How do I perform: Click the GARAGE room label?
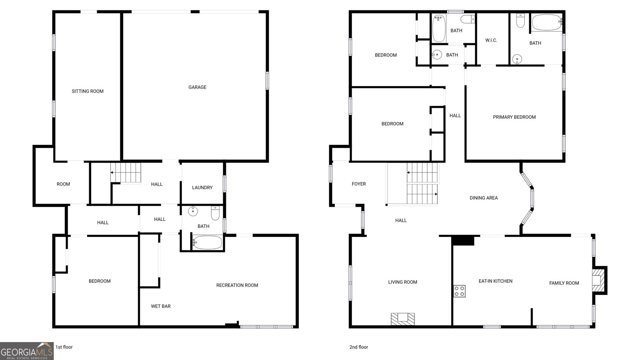[x=197, y=87]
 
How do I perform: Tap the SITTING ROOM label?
[x=88, y=91]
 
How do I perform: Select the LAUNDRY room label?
[x=202, y=188]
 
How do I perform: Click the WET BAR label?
[x=161, y=306]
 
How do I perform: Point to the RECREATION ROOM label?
[x=237, y=285]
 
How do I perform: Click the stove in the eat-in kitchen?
[x=460, y=291]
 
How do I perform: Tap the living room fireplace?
[x=403, y=319]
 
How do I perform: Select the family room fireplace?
[x=600, y=280]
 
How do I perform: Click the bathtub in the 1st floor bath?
[x=207, y=242]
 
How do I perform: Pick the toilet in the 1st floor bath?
[x=215, y=213]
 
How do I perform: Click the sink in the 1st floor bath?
[x=193, y=212]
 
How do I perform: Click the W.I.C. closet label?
[x=491, y=40]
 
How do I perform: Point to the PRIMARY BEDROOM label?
[x=514, y=117]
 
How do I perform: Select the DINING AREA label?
[x=484, y=198]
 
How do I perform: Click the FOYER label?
[x=358, y=184]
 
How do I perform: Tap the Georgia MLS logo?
[x=26, y=351]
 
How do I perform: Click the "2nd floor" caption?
[x=358, y=347]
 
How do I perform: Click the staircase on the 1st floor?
[x=126, y=172]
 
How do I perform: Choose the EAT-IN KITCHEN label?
[x=496, y=281]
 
